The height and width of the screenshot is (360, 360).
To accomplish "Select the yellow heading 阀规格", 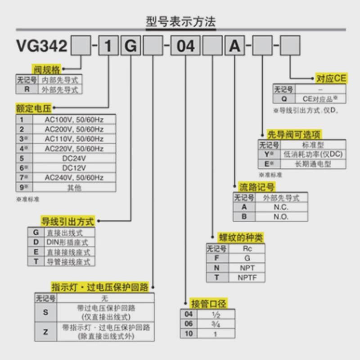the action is (x=46, y=69).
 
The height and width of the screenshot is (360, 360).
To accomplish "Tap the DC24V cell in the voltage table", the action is (x=74, y=158).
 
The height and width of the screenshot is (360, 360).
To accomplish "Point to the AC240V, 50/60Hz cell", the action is (x=74, y=178).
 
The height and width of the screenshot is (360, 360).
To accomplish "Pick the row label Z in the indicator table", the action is (x=45, y=332).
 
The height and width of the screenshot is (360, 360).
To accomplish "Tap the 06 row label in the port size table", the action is (x=189, y=324).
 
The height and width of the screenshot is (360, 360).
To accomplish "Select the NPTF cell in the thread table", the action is (x=247, y=277).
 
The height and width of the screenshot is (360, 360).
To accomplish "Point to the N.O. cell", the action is (x=281, y=216).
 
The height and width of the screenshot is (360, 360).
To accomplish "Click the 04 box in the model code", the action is (x=186, y=46).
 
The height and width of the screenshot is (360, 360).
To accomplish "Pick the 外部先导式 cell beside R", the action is (x=60, y=90).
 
